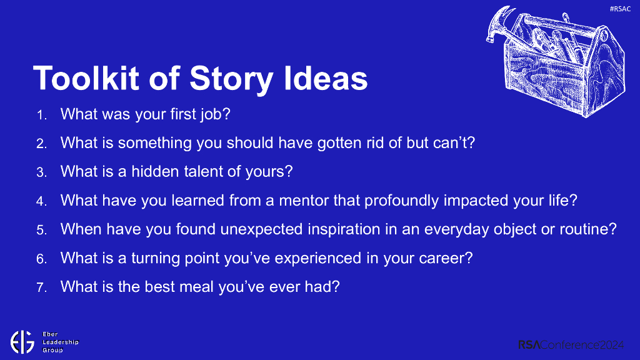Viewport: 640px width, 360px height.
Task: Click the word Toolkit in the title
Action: (86, 78)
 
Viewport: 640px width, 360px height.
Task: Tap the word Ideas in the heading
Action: (326, 78)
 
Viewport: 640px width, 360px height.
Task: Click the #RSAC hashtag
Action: (620, 9)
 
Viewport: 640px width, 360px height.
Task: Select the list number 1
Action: (41, 115)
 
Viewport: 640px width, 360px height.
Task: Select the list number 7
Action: (41, 287)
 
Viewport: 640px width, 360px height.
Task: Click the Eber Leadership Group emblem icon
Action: (22, 342)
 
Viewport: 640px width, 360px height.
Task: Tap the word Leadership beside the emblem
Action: (61, 342)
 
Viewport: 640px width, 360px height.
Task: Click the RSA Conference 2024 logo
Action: (571, 345)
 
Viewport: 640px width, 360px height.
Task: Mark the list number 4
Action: (41, 202)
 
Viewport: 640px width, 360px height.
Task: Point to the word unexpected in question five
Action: (262, 230)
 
